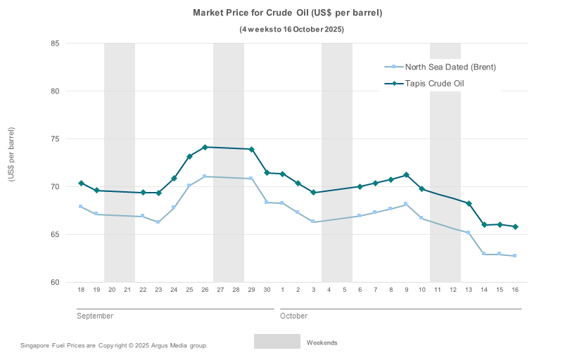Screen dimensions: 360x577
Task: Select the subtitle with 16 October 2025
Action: click(x=292, y=29)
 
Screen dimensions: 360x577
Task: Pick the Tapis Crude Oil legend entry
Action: click(x=434, y=84)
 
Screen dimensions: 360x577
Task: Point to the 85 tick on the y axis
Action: click(x=54, y=44)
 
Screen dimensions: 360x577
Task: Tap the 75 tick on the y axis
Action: click(x=54, y=139)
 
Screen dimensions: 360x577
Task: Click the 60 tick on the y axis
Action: click(x=54, y=283)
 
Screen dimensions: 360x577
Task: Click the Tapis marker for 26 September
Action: click(x=205, y=147)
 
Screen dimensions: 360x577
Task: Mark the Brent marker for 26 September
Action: click(x=205, y=176)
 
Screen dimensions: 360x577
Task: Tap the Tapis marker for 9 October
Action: click(x=406, y=175)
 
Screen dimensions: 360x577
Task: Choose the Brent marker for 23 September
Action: click(x=158, y=222)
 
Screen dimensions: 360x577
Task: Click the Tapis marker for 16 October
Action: click(x=515, y=226)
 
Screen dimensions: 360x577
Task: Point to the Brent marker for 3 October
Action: click(x=313, y=221)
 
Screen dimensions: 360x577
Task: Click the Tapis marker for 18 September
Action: click(x=81, y=184)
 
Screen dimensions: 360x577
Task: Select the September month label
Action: click(x=95, y=316)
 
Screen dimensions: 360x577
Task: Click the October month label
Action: click(x=294, y=316)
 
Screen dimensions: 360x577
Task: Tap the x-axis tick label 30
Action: click(x=267, y=290)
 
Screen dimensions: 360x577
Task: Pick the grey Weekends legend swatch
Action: click(x=277, y=342)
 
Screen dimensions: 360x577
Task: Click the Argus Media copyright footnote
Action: click(x=114, y=345)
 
